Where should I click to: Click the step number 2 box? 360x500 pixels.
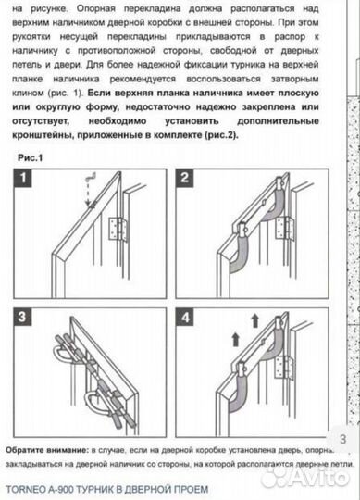(x=185, y=176)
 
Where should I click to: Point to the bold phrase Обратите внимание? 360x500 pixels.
(x=47, y=446)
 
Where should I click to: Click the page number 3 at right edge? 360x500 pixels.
(x=342, y=439)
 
